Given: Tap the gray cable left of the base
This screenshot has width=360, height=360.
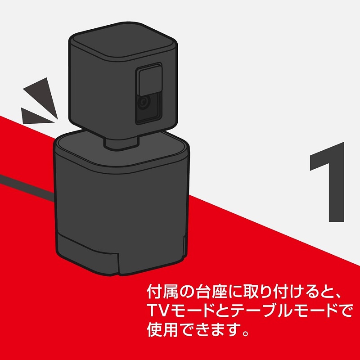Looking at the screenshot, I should pyautogui.click(x=27, y=185).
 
